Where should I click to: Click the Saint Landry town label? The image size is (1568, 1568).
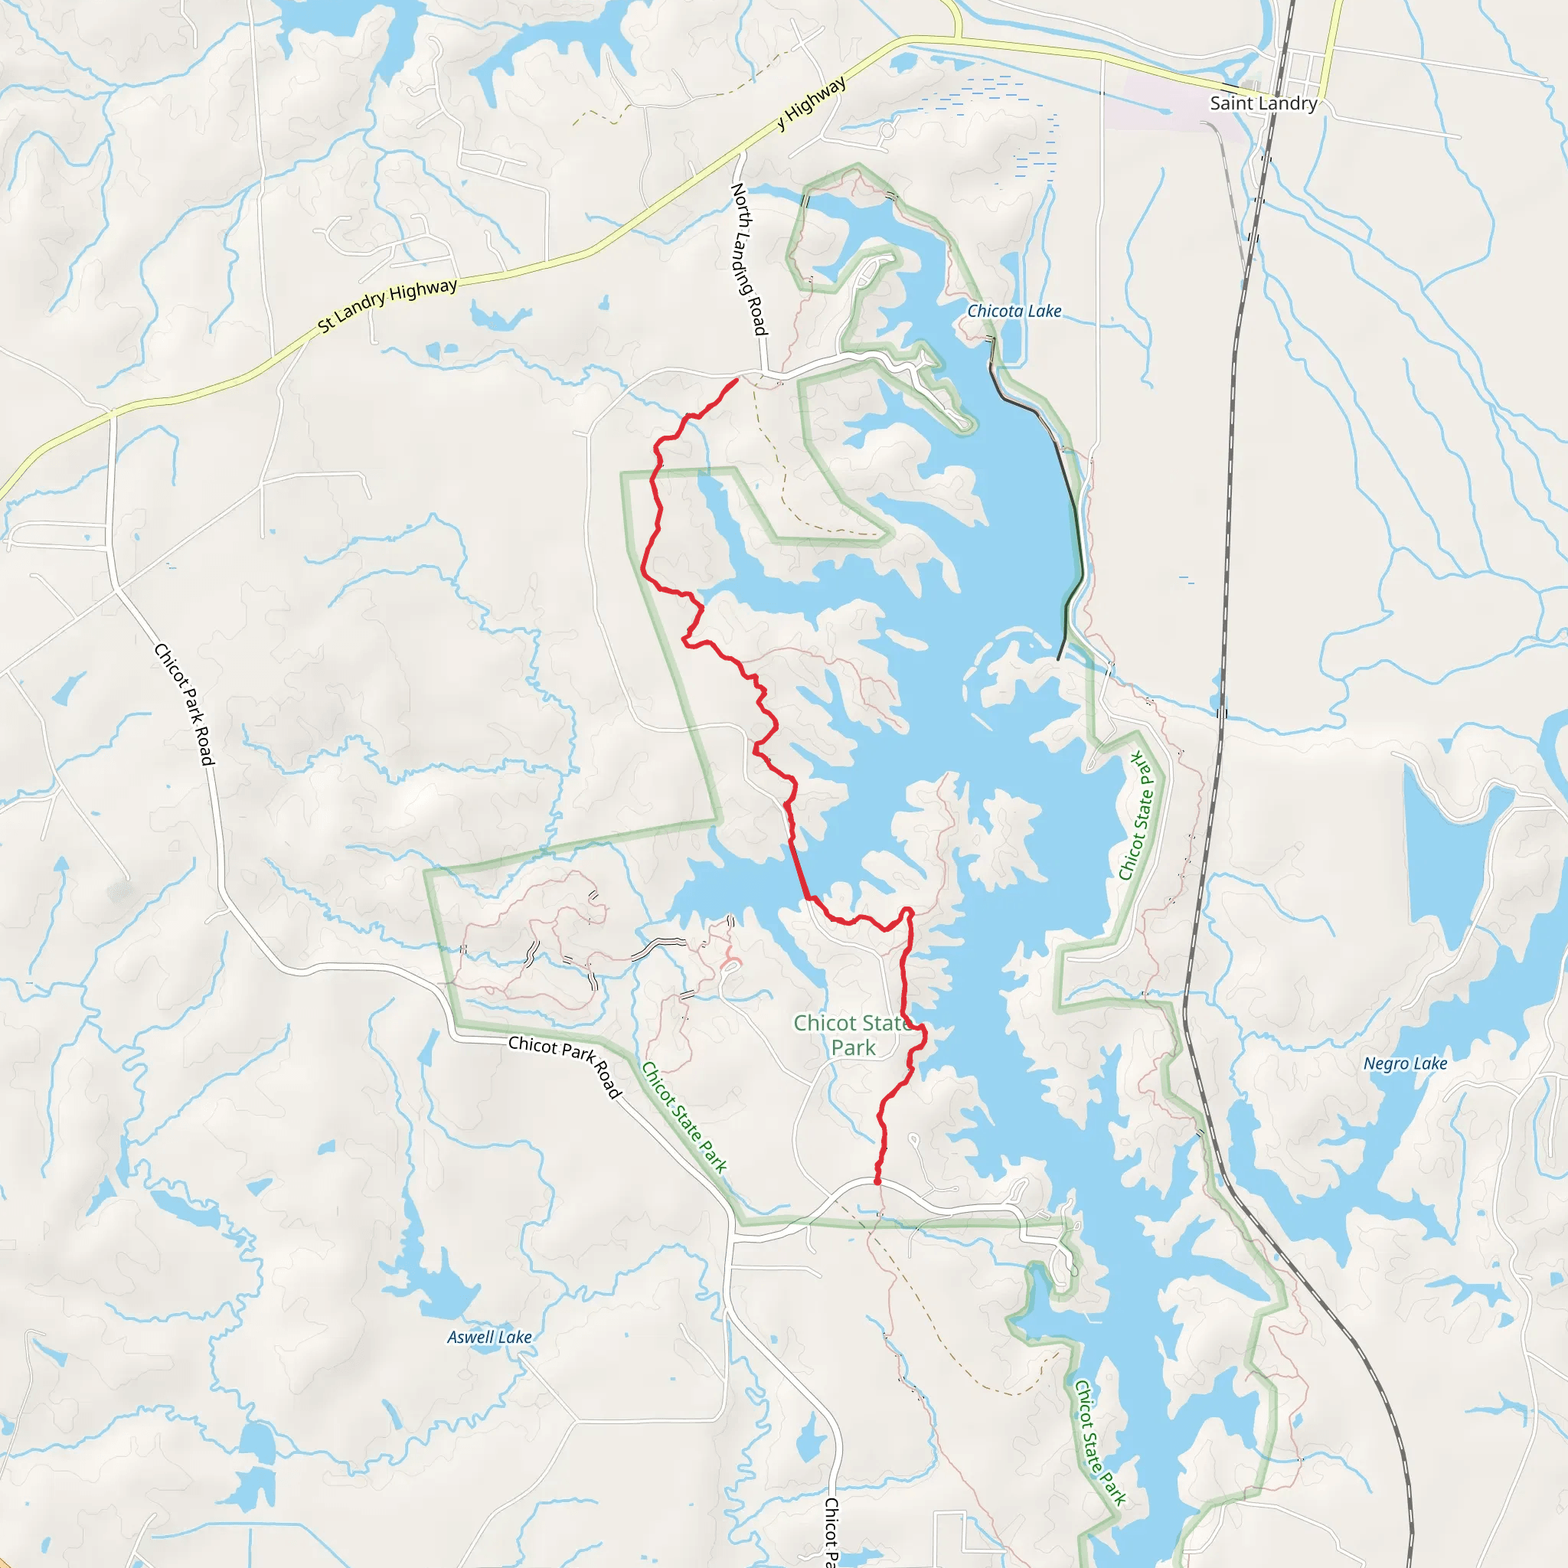[x=1263, y=103]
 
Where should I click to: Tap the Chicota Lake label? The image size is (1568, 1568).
[x=1014, y=311]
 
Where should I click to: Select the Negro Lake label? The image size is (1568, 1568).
[x=1405, y=1063]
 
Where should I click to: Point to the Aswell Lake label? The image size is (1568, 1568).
[x=489, y=1337]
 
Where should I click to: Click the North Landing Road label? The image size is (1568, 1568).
[x=748, y=258]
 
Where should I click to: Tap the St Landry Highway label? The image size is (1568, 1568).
[x=387, y=305]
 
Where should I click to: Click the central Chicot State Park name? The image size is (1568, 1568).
[x=852, y=1035]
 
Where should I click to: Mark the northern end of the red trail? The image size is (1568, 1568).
[x=736, y=380]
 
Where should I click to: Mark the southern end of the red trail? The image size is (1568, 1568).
[x=877, y=1182]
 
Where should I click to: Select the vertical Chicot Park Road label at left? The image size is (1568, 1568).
[x=185, y=704]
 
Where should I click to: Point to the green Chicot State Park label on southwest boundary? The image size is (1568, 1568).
[x=684, y=1117]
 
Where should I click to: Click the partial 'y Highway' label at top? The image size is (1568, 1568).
[x=812, y=103]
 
